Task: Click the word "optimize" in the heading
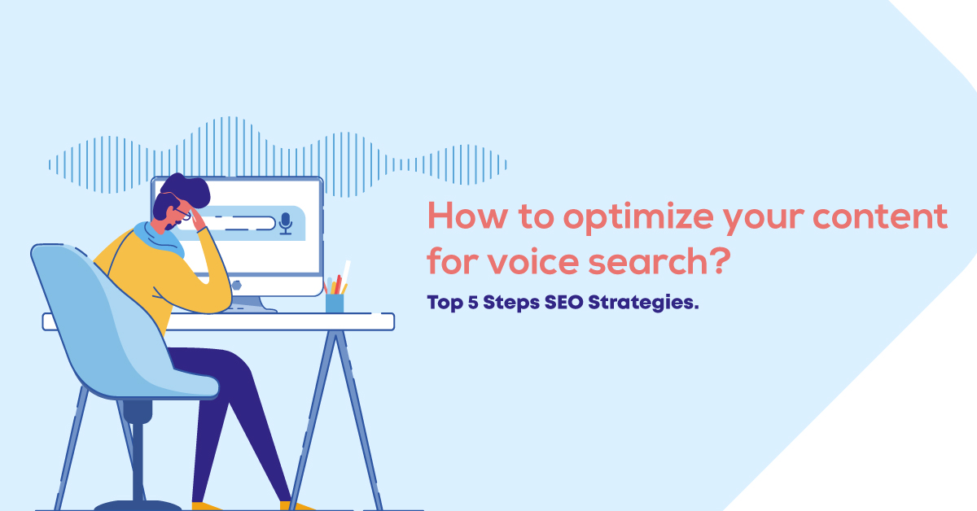point(638,218)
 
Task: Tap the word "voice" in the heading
point(533,262)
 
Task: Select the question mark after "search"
point(720,260)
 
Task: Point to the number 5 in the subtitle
point(473,302)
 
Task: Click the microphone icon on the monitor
point(286,224)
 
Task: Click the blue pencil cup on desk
point(335,303)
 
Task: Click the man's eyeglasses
point(182,212)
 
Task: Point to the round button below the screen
point(236,286)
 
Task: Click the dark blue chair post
point(138,453)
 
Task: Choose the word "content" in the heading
point(881,216)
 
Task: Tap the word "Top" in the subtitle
point(445,303)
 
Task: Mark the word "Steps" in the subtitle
point(511,303)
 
